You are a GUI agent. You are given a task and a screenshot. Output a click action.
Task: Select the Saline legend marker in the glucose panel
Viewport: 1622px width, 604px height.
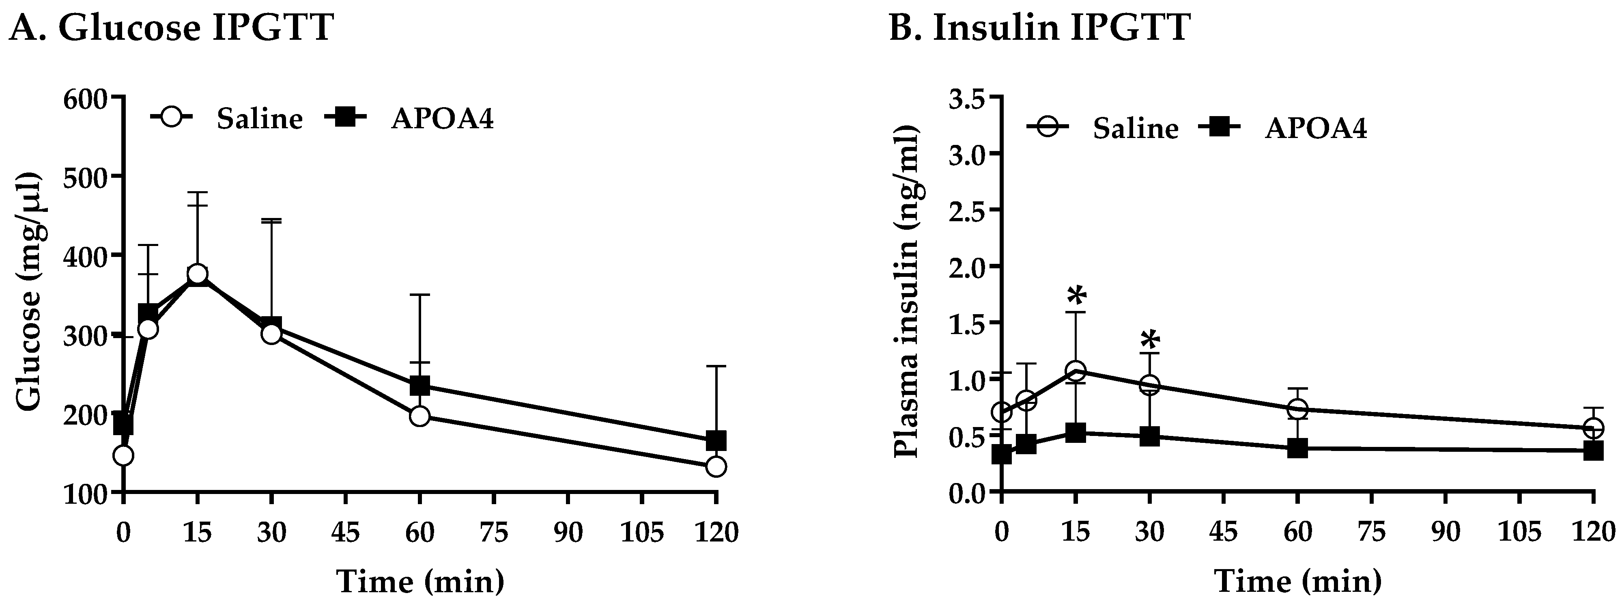point(171,117)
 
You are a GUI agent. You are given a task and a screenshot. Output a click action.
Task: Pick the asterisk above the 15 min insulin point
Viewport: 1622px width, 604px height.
point(1076,296)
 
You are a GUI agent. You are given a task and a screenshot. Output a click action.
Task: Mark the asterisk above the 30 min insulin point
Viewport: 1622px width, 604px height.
point(1150,341)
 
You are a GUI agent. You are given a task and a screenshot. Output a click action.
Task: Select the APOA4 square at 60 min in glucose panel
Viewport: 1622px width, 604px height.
point(420,386)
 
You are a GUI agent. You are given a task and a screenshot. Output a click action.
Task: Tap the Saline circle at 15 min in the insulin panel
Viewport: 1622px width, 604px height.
point(1076,371)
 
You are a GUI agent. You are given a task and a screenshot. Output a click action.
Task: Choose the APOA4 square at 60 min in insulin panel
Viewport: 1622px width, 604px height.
point(1298,449)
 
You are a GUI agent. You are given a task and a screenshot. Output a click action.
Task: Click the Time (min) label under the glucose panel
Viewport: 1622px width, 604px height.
point(420,581)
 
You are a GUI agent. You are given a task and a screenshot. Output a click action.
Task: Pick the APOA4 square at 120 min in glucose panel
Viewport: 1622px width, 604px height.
point(716,440)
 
